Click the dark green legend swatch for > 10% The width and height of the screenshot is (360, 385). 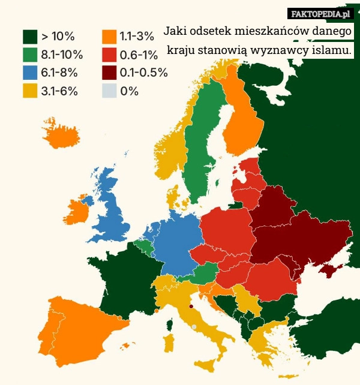click(x=31, y=37)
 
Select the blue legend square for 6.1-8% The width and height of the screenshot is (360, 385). click(x=31, y=73)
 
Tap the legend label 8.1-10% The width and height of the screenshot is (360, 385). click(x=62, y=55)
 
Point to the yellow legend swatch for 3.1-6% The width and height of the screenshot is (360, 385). click(x=31, y=91)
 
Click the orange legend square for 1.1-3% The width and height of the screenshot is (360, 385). click(x=109, y=37)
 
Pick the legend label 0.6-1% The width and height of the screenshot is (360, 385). click(x=139, y=55)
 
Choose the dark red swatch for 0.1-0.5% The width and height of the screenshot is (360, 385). click(x=109, y=73)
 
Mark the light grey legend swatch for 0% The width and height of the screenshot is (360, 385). click(x=109, y=91)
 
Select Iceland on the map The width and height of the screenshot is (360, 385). click(x=61, y=136)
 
